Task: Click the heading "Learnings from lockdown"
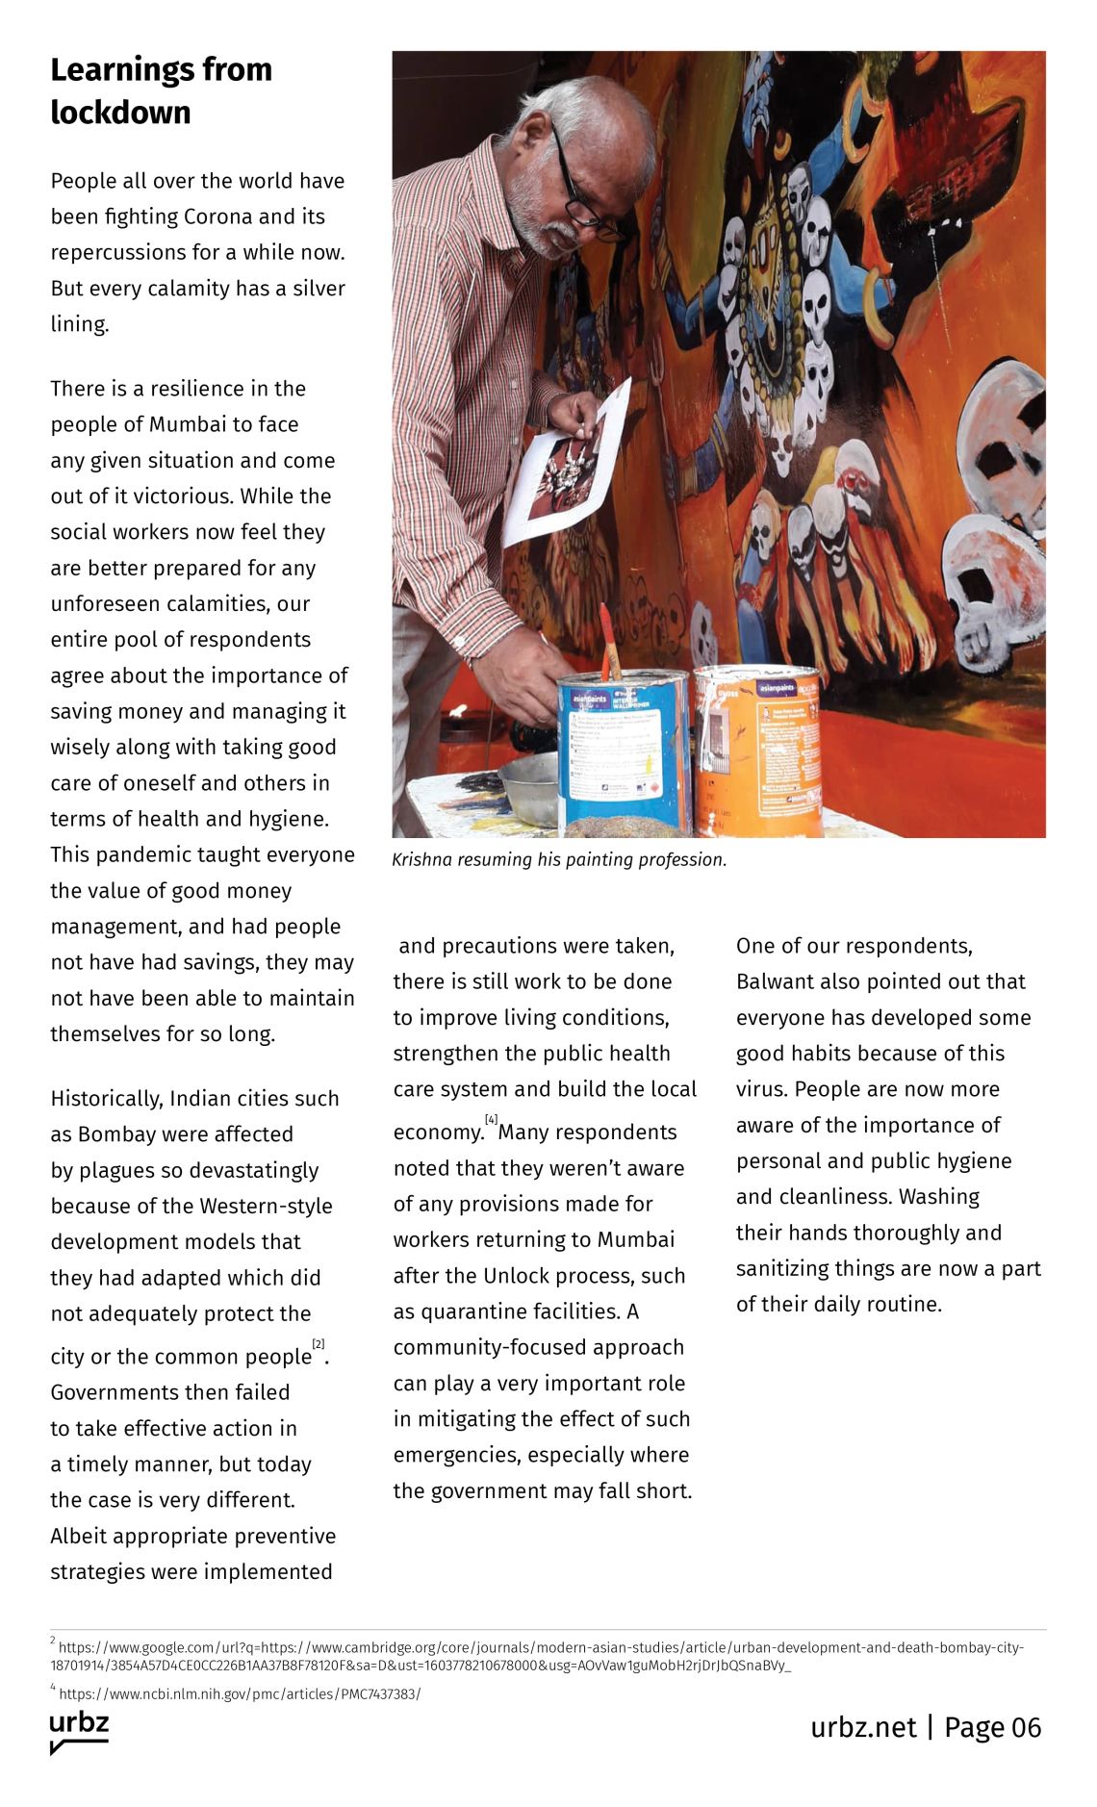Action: coord(161,90)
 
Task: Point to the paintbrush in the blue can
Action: coord(609,639)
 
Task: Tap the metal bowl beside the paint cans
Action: coord(529,789)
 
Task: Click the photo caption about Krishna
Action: coord(559,859)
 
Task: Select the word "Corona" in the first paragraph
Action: coord(220,216)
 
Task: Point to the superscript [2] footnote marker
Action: coord(319,1343)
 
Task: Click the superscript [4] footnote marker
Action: coord(491,1119)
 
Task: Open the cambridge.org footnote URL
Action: coord(539,1647)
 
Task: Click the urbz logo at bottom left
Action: coord(79,1731)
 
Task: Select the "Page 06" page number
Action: coord(992,1727)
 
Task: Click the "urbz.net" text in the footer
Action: coord(863,1727)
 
